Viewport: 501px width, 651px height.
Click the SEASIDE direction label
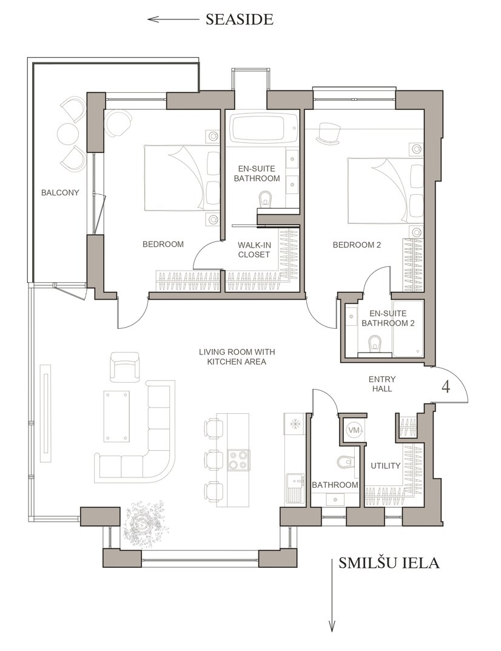[x=240, y=19]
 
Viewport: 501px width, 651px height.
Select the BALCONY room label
[x=60, y=193]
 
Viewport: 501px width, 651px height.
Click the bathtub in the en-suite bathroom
[x=263, y=128]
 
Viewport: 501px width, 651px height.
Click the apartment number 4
[x=446, y=387]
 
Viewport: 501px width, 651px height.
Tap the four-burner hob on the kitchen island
[x=238, y=460]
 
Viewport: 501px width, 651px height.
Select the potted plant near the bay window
[x=143, y=521]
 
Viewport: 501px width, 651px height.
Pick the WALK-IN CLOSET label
[x=254, y=250]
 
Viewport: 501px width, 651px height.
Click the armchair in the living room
[x=124, y=366]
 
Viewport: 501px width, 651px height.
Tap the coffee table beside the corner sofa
[x=116, y=416]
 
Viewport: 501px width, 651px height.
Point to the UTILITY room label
[x=386, y=466]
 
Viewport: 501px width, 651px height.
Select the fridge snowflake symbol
[x=294, y=424]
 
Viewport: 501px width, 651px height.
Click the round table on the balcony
[x=66, y=133]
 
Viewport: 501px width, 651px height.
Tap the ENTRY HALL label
[x=382, y=384]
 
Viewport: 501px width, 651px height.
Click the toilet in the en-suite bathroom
[x=264, y=199]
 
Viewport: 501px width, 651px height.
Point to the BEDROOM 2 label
[x=357, y=245]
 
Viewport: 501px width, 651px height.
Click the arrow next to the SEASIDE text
[x=173, y=19]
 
